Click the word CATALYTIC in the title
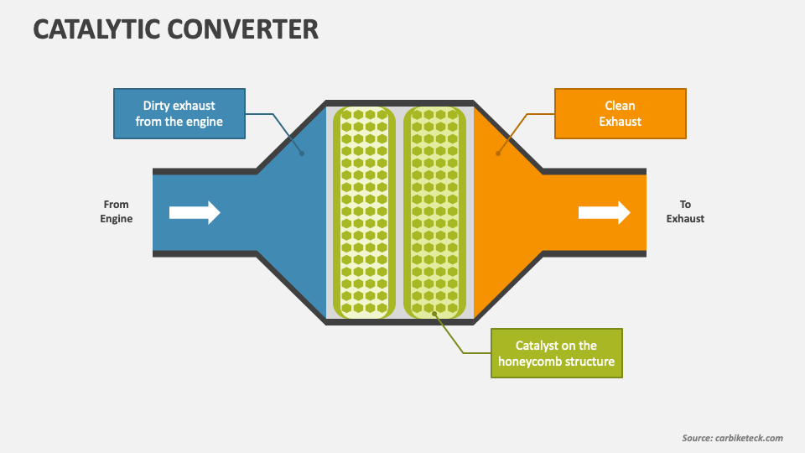[96, 29]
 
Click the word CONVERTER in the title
[243, 29]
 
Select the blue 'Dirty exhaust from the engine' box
[179, 113]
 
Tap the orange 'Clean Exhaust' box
[621, 113]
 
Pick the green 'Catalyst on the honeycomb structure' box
[557, 353]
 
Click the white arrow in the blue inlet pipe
[195, 212]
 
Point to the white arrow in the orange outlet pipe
[605, 212]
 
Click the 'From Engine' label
[116, 211]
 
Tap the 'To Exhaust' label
[685, 211]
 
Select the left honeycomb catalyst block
[364, 212]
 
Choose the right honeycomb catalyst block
[434, 212]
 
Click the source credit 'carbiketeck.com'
[749, 438]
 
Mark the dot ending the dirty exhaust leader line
[302, 154]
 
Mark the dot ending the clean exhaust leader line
[498, 154]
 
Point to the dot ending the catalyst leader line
[434, 313]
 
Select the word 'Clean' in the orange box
[621, 106]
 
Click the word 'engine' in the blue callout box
[205, 122]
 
